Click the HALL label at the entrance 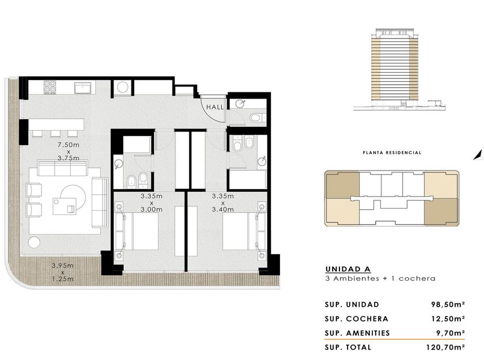(215, 107)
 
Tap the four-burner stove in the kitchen (50, 87)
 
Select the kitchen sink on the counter (83, 88)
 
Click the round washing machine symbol (123, 87)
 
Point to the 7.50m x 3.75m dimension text (69, 151)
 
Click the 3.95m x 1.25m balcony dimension (62, 272)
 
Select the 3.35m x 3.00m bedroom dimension (152, 202)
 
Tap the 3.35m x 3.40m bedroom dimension (222, 202)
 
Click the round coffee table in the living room (73, 197)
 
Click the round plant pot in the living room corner (34, 243)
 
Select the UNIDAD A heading (348, 269)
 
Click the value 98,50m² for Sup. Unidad (448, 304)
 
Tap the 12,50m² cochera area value (448, 319)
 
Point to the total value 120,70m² (445, 347)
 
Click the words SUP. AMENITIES (357, 333)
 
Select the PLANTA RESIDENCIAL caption (392, 153)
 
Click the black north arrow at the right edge (478, 155)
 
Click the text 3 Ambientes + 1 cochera (380, 278)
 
